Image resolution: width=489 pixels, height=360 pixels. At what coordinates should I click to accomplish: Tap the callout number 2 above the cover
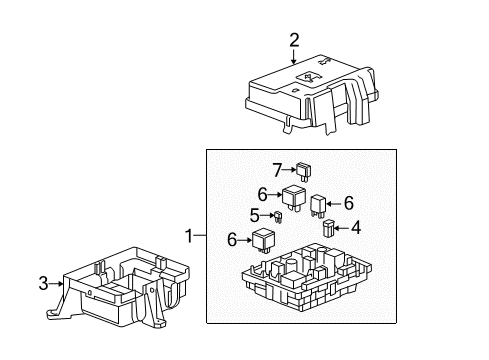click(x=294, y=41)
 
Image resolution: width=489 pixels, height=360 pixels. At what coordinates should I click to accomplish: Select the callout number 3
click(x=44, y=284)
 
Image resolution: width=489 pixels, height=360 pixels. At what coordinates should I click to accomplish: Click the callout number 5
click(x=255, y=214)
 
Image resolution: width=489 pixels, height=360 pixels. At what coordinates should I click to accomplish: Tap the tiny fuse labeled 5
click(x=281, y=217)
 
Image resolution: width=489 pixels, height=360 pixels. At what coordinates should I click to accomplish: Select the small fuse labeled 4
click(x=329, y=229)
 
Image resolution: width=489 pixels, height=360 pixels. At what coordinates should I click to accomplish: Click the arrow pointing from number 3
click(x=58, y=284)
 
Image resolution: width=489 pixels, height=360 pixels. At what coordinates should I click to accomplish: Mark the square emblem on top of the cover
click(x=311, y=78)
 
